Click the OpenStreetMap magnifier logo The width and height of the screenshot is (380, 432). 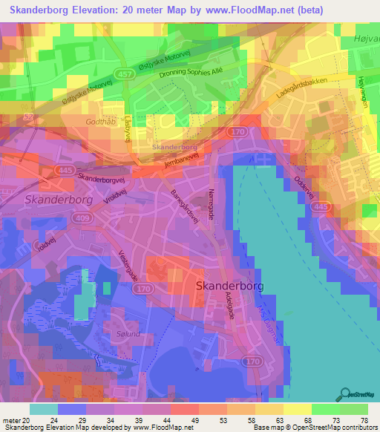[345, 395]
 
